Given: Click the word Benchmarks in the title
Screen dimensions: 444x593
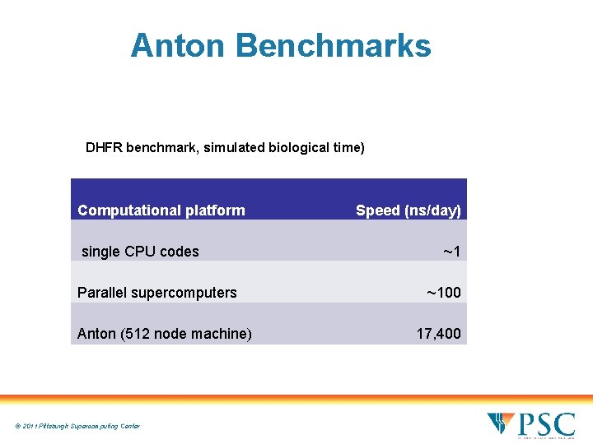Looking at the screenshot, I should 333,46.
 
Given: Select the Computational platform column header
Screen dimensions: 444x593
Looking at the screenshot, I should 161,210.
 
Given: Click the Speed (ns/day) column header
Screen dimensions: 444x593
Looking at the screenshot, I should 408,210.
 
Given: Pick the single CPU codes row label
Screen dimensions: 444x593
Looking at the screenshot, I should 140,252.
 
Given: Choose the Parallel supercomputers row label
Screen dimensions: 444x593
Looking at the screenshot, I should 156,293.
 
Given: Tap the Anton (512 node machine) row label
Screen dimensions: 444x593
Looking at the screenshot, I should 164,334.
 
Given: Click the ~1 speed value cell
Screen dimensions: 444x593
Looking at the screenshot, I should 451,252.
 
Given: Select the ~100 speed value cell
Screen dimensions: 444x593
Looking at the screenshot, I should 443,293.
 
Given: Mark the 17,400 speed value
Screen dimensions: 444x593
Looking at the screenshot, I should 438,334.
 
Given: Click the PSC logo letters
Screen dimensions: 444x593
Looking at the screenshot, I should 546,425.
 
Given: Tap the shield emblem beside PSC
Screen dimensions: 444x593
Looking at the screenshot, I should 501,425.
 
